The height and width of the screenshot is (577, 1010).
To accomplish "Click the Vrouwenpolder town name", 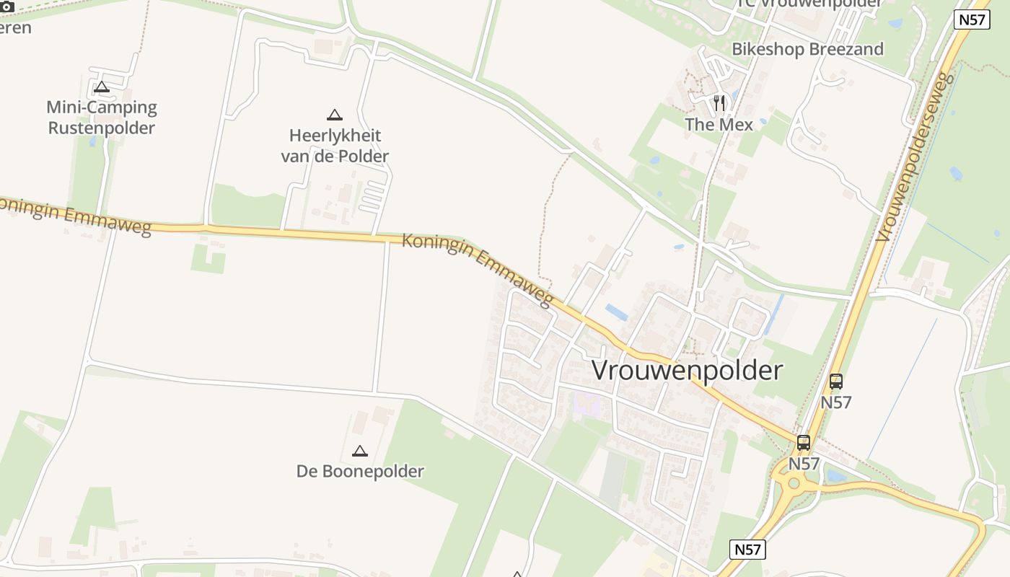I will click(x=687, y=370).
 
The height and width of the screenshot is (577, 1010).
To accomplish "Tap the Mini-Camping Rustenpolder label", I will click(x=102, y=118).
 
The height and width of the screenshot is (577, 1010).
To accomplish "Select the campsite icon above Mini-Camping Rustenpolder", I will click(x=102, y=87).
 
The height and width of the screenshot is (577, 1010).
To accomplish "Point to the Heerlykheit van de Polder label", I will click(x=335, y=146).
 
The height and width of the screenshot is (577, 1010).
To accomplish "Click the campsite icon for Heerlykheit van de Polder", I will click(x=334, y=115).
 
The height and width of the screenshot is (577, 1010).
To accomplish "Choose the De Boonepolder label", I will click(x=360, y=472).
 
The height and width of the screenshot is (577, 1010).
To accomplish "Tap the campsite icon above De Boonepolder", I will click(x=360, y=452).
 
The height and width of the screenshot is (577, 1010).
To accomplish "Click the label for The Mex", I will click(x=719, y=125).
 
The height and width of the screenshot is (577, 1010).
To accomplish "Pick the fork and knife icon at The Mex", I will click(x=719, y=103).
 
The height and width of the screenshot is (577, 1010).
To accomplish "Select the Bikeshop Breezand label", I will click(x=807, y=49).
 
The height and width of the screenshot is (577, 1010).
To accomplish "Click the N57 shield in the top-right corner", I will click(x=972, y=19).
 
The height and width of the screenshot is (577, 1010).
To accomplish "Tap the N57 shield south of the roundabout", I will click(x=747, y=550).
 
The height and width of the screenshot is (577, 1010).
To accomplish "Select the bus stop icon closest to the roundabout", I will click(x=803, y=443).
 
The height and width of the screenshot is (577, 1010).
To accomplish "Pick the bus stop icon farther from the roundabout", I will click(x=836, y=382).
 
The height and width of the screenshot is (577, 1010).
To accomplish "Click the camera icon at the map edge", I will click(x=6, y=6).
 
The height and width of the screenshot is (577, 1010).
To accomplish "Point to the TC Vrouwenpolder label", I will click(x=808, y=4).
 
